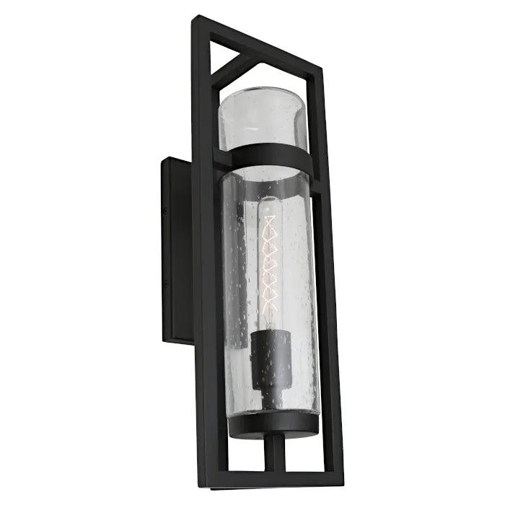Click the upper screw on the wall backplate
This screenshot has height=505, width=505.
click(165, 211)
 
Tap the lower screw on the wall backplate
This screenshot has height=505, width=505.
click(165, 284)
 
